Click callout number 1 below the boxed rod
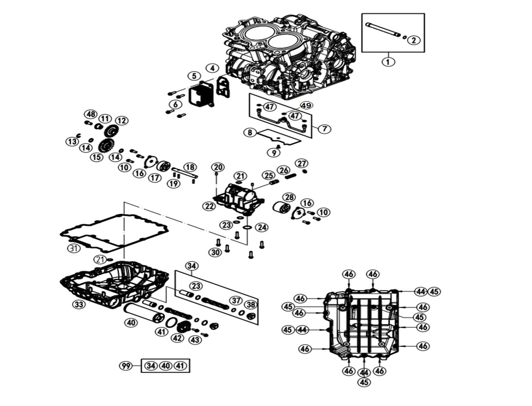[388, 61]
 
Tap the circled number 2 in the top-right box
[414, 40]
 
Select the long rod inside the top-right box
[382, 30]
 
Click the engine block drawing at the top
[288, 54]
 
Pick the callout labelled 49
[306, 106]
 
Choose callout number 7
[324, 129]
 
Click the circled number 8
[250, 132]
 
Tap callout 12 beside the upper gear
[122, 120]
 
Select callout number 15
[97, 157]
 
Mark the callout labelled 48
[90, 115]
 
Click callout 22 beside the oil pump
[210, 206]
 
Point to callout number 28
[289, 197]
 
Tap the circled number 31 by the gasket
[74, 249]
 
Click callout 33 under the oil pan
[79, 304]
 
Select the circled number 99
[125, 366]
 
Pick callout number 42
[178, 338]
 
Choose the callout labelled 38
[250, 304]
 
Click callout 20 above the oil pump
[218, 167]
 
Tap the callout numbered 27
[302, 163]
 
